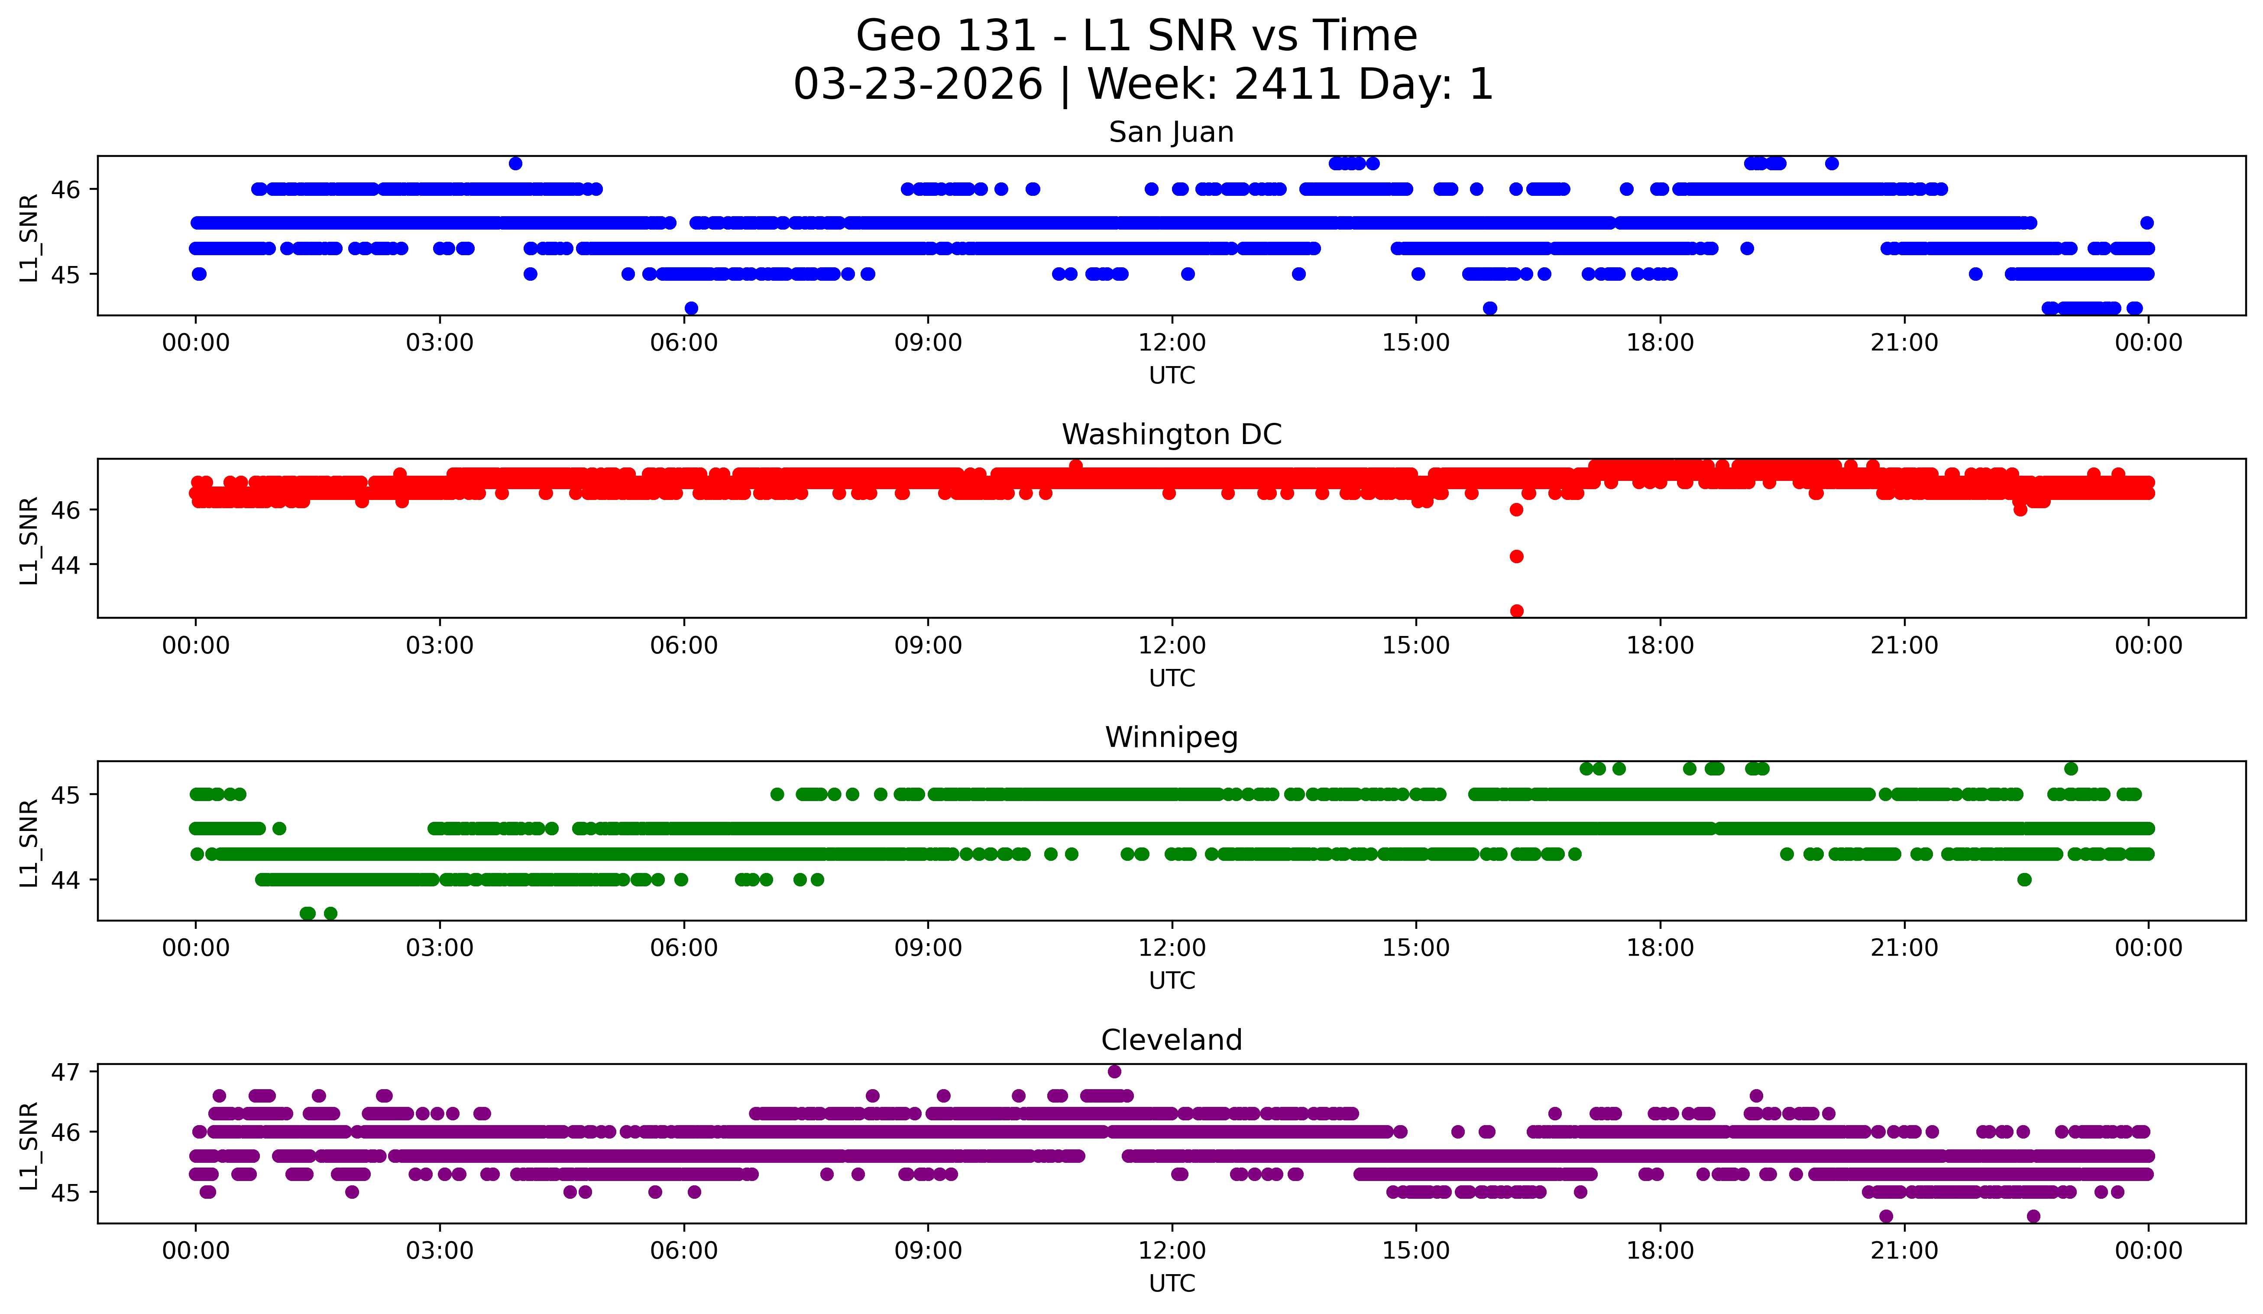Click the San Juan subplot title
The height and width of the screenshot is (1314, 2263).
click(1171, 132)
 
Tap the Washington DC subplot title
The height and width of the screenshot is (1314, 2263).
click(1171, 435)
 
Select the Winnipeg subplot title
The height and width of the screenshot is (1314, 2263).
click(1171, 737)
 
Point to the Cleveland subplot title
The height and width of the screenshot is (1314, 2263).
click(1171, 1040)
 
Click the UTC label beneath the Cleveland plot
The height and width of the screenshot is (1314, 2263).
click(1172, 1284)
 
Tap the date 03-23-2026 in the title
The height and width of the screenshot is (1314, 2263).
click(918, 84)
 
